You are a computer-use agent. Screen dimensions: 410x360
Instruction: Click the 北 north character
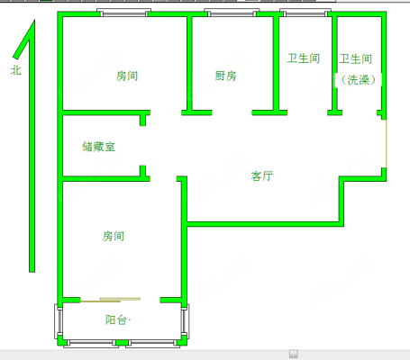16,70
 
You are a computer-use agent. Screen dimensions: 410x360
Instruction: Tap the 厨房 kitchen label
225,76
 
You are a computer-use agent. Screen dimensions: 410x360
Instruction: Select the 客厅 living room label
262,175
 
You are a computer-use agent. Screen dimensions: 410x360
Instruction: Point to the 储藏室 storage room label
99,147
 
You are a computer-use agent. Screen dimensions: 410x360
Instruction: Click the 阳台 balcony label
116,320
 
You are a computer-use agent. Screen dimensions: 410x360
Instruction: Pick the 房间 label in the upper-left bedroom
127,76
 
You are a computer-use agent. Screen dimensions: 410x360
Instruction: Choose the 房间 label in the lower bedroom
114,236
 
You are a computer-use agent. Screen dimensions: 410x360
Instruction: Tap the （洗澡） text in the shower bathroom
359,80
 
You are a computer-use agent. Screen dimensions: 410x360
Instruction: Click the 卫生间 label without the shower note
304,58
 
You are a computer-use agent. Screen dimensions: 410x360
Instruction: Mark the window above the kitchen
232,13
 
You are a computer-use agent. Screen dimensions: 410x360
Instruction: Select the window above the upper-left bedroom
124,13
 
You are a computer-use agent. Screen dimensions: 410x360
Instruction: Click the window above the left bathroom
305,13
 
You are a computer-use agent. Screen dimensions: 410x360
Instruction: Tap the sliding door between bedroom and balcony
110,300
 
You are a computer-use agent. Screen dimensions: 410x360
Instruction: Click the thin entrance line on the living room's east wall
386,144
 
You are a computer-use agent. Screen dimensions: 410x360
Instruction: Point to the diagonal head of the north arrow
23,40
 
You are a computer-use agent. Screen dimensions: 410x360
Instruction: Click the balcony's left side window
59,321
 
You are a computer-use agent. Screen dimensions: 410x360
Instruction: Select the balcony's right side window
185,321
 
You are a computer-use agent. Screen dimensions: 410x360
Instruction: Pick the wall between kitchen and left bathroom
276,64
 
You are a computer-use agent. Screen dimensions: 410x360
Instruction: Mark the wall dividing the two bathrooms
334,64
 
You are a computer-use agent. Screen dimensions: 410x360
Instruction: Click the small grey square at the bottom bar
294,354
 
